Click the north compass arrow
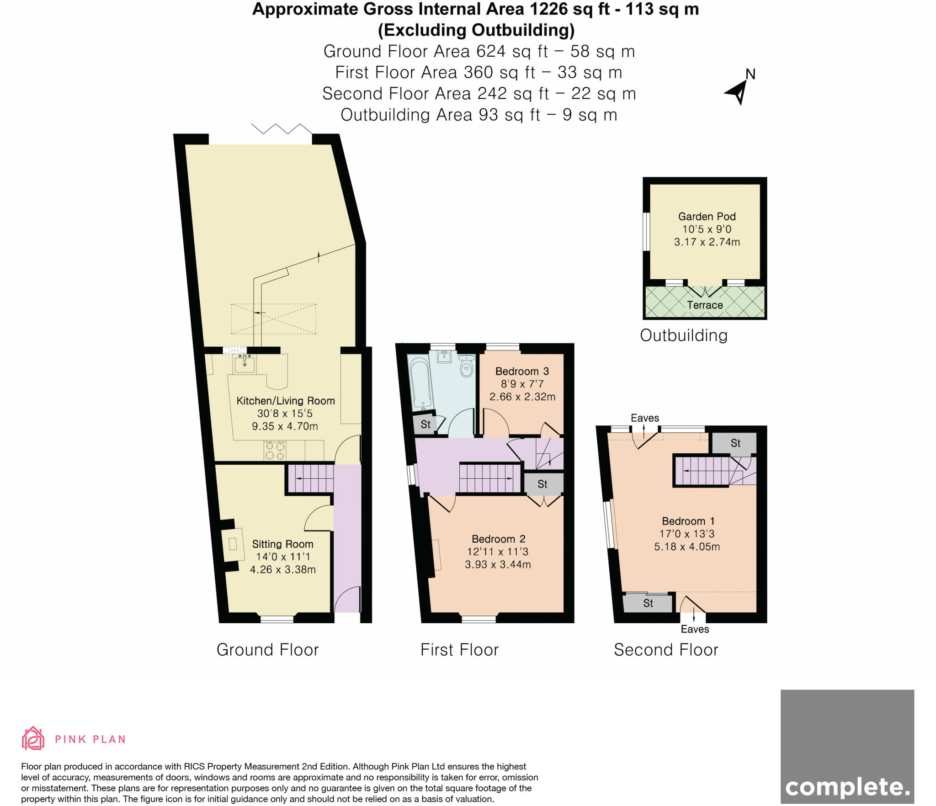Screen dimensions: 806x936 click(x=737, y=93)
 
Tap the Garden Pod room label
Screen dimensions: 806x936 click(x=707, y=216)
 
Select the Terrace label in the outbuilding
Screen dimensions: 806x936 click(x=705, y=305)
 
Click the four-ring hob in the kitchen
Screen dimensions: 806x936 click(x=275, y=451)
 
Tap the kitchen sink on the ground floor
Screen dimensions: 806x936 click(x=245, y=364)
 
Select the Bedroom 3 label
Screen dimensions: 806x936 click(x=522, y=371)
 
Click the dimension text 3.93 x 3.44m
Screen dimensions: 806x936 click(x=498, y=564)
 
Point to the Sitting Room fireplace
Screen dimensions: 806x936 click(x=233, y=544)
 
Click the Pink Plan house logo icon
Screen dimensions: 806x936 click(x=33, y=738)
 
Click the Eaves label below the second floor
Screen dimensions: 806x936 click(x=695, y=629)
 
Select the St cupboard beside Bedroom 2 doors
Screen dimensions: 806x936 click(x=542, y=484)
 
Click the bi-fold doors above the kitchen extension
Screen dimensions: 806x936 click(x=282, y=129)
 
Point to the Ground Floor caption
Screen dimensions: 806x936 click(x=267, y=649)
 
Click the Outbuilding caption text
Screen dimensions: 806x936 click(x=683, y=335)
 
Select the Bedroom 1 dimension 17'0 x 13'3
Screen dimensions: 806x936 click(x=686, y=534)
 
